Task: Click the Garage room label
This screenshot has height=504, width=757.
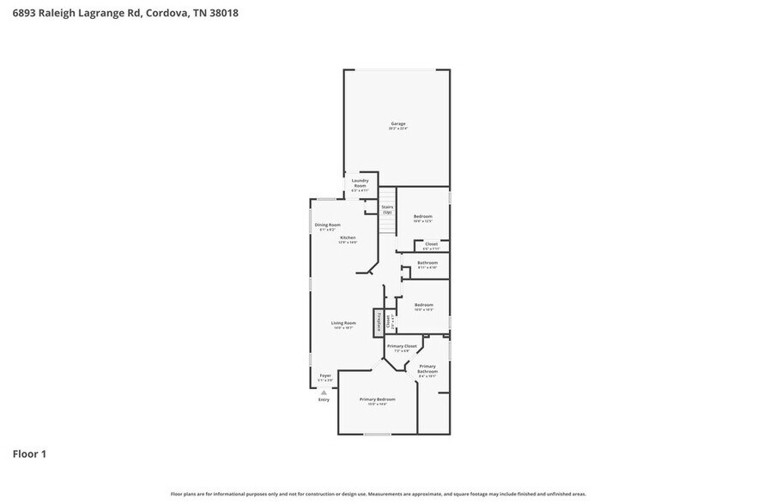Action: click(397, 123)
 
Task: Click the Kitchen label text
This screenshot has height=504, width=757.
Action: click(348, 237)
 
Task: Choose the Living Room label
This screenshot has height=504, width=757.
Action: click(343, 323)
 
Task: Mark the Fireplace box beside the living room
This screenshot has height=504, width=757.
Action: click(377, 322)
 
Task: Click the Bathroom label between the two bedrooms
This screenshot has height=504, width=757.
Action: click(427, 262)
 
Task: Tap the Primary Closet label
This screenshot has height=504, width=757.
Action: click(405, 345)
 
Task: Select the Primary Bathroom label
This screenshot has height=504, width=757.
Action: click(427, 369)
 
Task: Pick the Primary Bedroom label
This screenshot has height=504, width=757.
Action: click(378, 399)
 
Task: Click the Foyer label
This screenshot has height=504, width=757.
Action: click(325, 375)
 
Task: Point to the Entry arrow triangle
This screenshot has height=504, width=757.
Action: click(324, 392)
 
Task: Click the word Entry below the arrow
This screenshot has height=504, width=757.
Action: click(324, 399)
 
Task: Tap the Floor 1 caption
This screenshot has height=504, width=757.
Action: click(29, 453)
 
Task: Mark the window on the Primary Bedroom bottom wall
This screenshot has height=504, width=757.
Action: click(378, 434)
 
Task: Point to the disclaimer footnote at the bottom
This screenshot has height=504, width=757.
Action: click(378, 495)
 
